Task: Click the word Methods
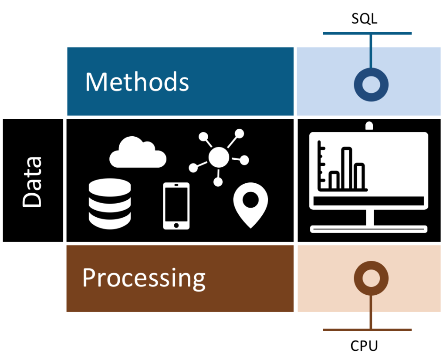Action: click(137, 81)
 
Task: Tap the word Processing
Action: click(144, 278)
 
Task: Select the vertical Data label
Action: click(32, 181)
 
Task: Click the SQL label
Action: click(365, 19)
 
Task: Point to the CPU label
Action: click(364, 346)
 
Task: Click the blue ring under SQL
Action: click(371, 84)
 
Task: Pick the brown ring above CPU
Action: click(371, 278)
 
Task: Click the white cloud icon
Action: click(137, 154)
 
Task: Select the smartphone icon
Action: click(176, 205)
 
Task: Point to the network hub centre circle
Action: click(218, 157)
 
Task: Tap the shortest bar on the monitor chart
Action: click(334, 179)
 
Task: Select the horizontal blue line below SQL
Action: click(367, 34)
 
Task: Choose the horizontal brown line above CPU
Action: click(367, 330)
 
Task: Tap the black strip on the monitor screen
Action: click(368, 201)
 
